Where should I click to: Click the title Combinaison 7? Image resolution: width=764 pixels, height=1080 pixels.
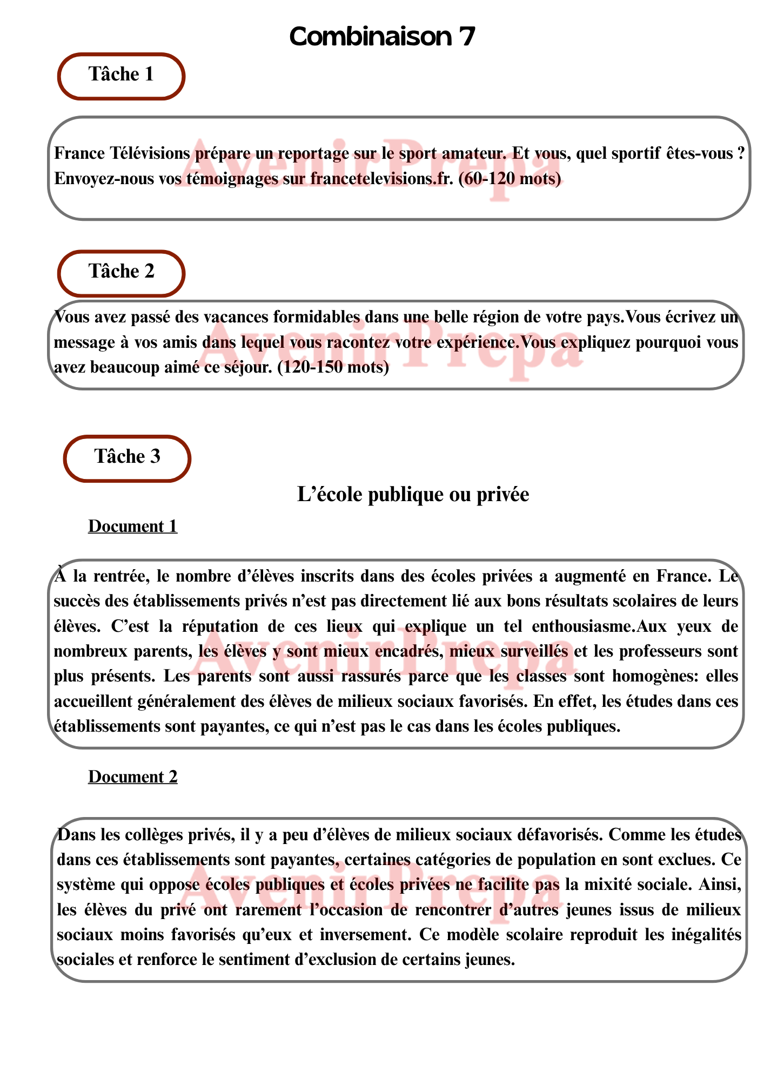(x=382, y=37)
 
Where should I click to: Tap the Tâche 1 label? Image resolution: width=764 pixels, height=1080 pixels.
(x=121, y=75)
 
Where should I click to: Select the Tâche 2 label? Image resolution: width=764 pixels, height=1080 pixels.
(x=121, y=271)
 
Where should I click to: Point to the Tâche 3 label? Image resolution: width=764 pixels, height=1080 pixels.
(x=128, y=457)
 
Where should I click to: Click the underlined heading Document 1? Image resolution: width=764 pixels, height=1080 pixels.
(x=133, y=526)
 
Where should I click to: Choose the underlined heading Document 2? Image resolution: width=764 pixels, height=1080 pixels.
(x=133, y=777)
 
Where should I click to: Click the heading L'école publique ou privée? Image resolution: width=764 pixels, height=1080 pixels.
(x=413, y=495)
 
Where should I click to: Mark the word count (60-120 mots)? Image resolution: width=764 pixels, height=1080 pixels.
(x=510, y=179)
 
